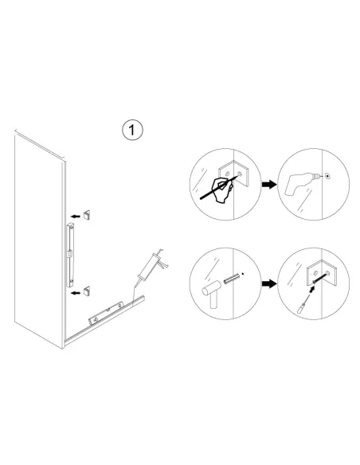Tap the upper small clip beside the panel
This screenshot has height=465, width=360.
tap(88, 214)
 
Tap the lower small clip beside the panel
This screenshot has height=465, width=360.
tap(88, 287)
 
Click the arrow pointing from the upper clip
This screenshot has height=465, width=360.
tap(73, 215)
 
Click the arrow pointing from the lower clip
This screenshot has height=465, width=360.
tap(73, 292)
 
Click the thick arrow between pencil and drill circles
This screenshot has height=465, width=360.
tap(269, 182)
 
